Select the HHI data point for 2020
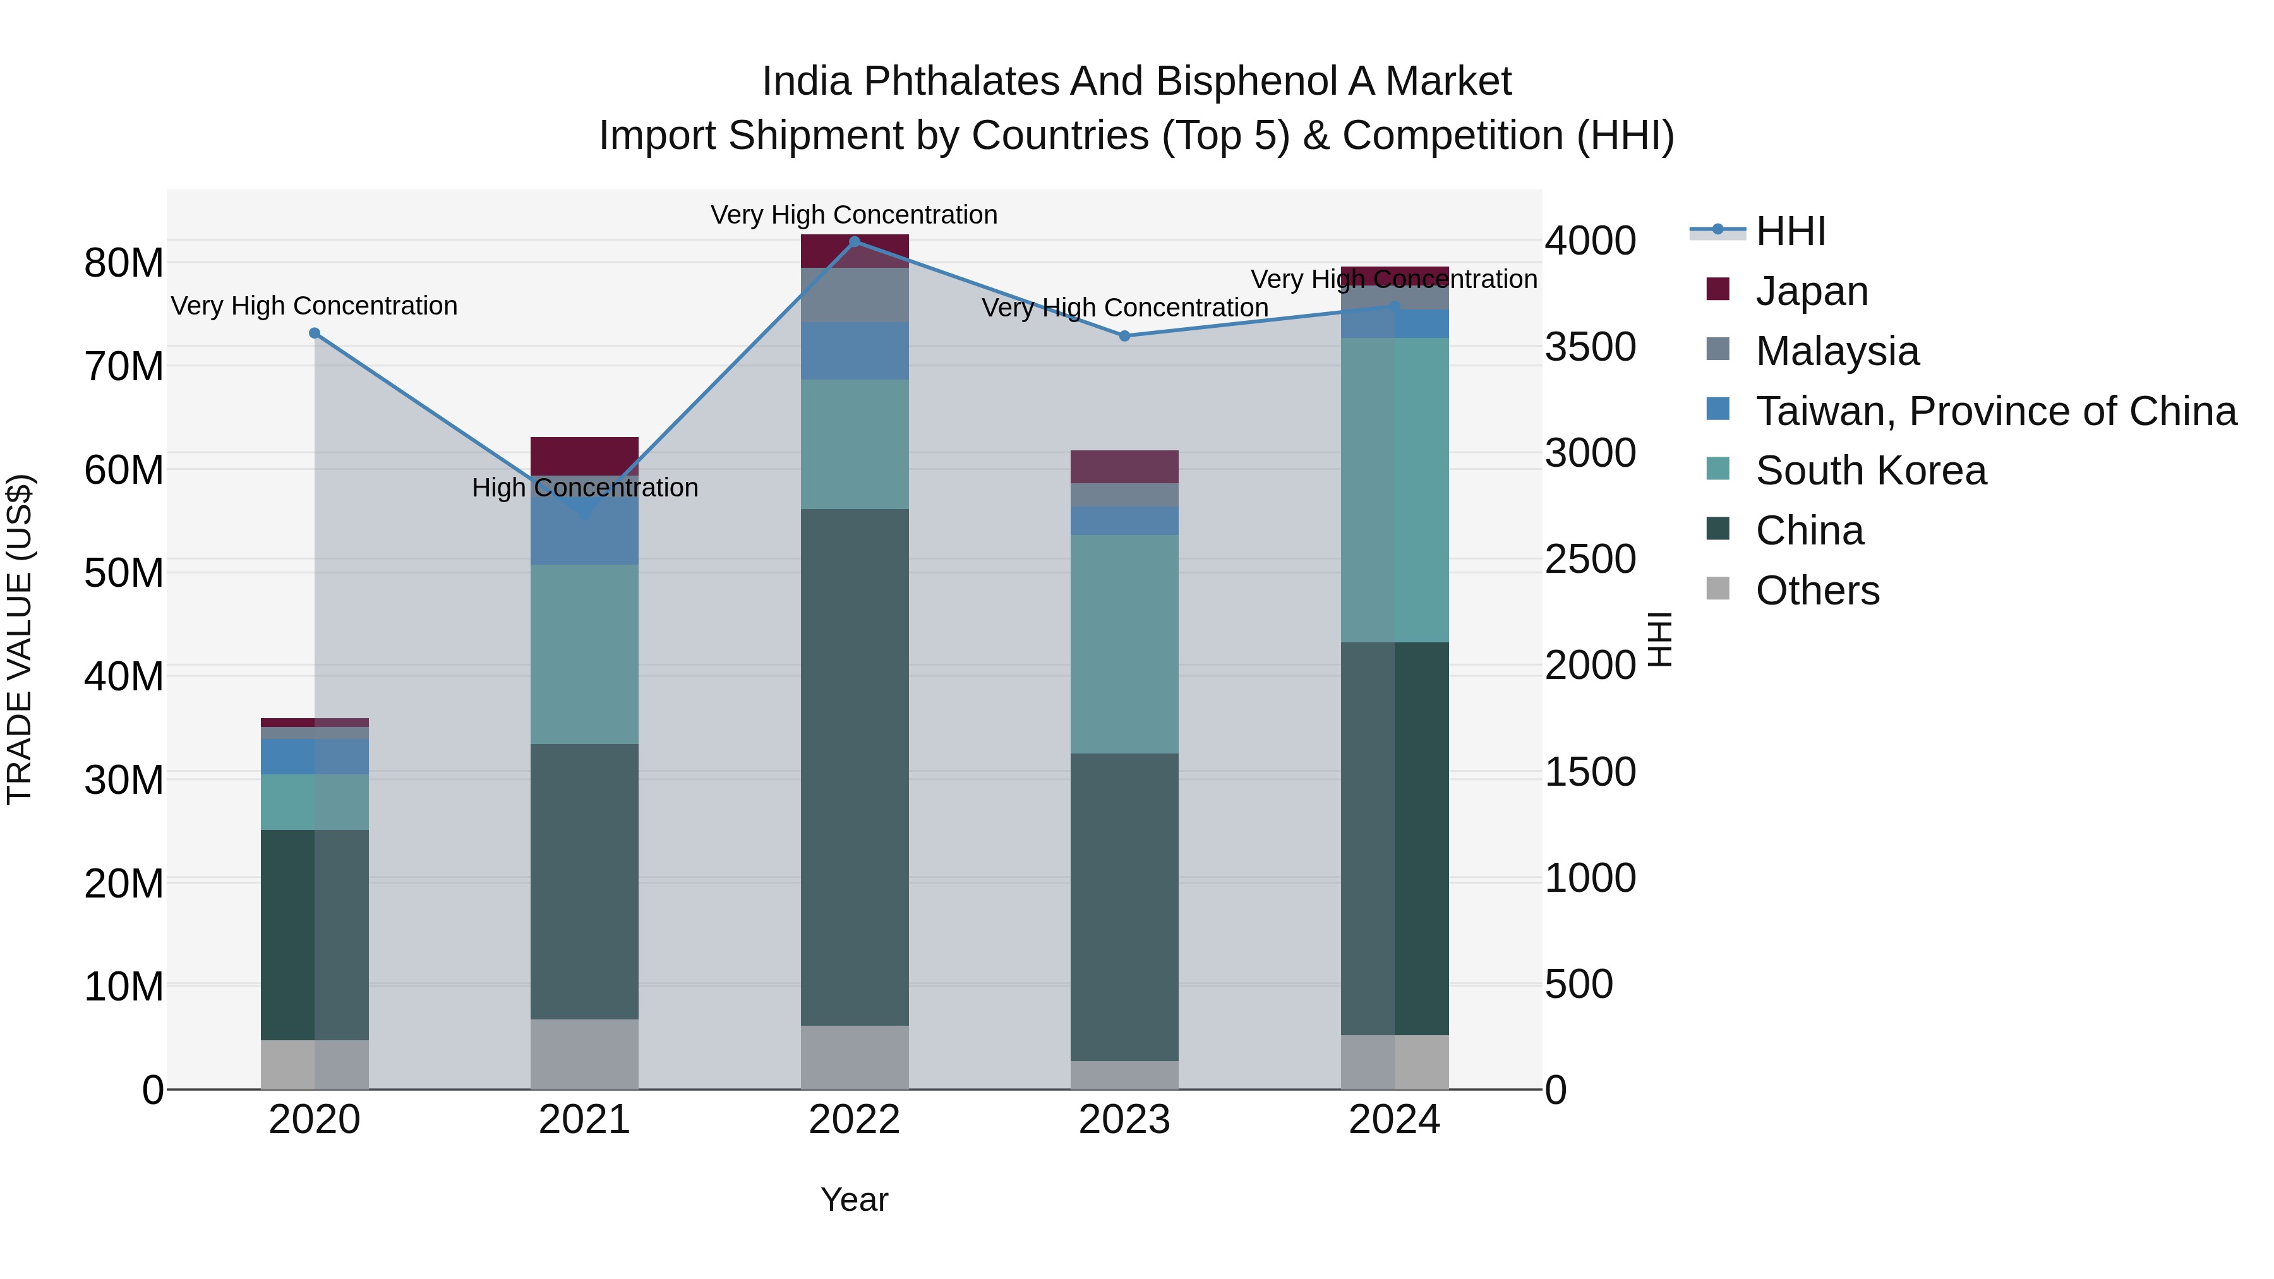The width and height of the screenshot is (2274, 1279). [315, 333]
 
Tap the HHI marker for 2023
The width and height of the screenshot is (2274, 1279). [1124, 336]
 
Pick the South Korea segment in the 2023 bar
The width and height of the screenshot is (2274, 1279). [1124, 644]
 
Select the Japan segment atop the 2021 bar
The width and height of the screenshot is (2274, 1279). [584, 455]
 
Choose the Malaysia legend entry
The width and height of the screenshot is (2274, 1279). [1836, 351]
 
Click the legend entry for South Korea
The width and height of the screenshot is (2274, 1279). [1870, 471]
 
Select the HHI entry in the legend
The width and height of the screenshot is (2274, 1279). [1790, 231]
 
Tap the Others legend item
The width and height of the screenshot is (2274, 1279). [1817, 591]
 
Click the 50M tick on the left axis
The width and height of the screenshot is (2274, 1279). [124, 573]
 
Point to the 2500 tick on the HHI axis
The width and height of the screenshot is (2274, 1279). [1590, 560]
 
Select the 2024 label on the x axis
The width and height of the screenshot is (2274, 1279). [1394, 1120]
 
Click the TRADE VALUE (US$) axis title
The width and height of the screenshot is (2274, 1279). [20, 639]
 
